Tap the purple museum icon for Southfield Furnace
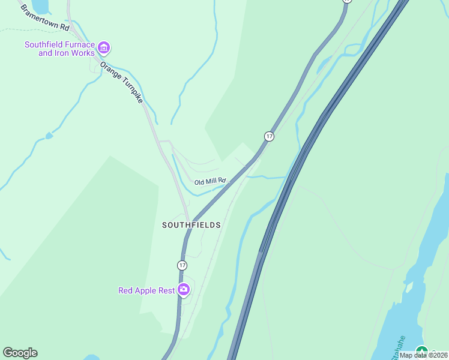pyautogui.click(x=104, y=47)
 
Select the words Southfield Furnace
pyautogui.click(x=59, y=44)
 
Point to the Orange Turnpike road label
pyautogui.click(x=122, y=82)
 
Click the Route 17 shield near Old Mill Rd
pyautogui.click(x=269, y=136)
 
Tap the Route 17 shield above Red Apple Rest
pyautogui.click(x=182, y=265)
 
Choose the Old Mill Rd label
pyautogui.click(x=209, y=181)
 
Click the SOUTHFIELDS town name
pyautogui.click(x=191, y=225)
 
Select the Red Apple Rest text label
pyautogui.click(x=146, y=290)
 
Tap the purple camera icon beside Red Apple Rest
pyautogui.click(x=184, y=290)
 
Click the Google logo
pyautogui.click(x=20, y=353)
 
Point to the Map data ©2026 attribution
pyautogui.click(x=423, y=355)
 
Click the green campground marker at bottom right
pyautogui.click(x=422, y=352)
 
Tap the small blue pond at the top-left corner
pyautogui.click(x=40, y=6)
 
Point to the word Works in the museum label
pyautogui.click(x=83, y=53)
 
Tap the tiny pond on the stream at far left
pyautogui.click(x=49, y=136)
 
